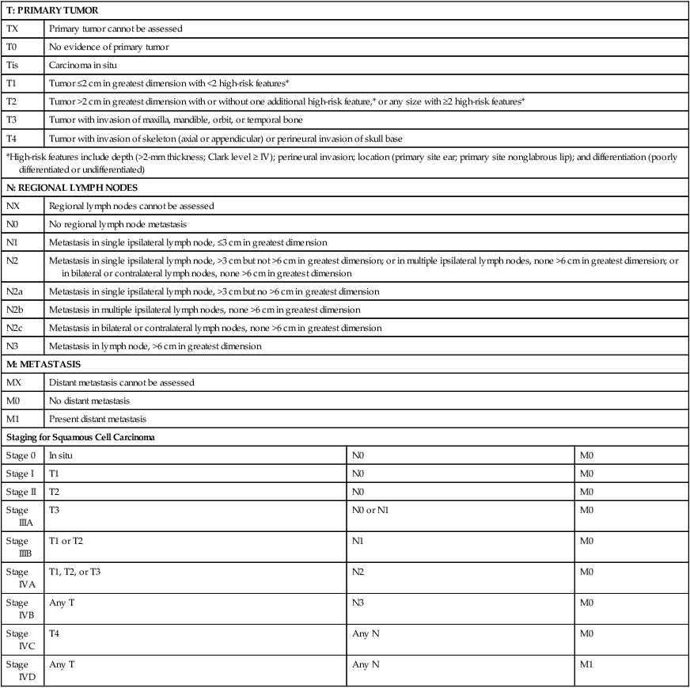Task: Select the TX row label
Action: pos(12,29)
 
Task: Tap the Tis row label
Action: pos(13,65)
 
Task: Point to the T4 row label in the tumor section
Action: pos(12,138)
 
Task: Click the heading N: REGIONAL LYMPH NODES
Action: pos(66,188)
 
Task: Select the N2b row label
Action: pos(14,310)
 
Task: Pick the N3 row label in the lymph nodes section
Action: pos(12,346)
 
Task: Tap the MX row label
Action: pos(13,382)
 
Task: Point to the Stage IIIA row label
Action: pos(18,516)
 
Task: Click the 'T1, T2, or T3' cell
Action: pos(78,572)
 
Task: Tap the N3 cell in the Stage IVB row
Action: pos(358,602)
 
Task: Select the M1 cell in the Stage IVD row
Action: pos(586,663)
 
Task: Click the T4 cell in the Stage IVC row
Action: pos(55,633)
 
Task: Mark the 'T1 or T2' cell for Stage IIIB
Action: pos(66,541)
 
